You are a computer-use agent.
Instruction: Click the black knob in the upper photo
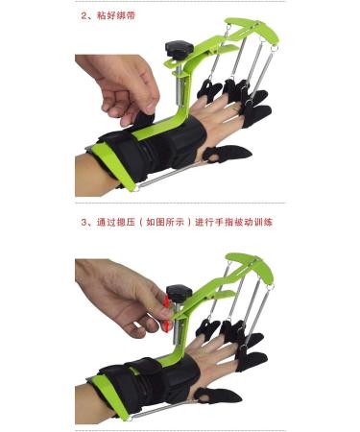(177, 47)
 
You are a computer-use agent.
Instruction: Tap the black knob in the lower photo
(178, 292)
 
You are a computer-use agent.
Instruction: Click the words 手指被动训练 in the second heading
(253, 221)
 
